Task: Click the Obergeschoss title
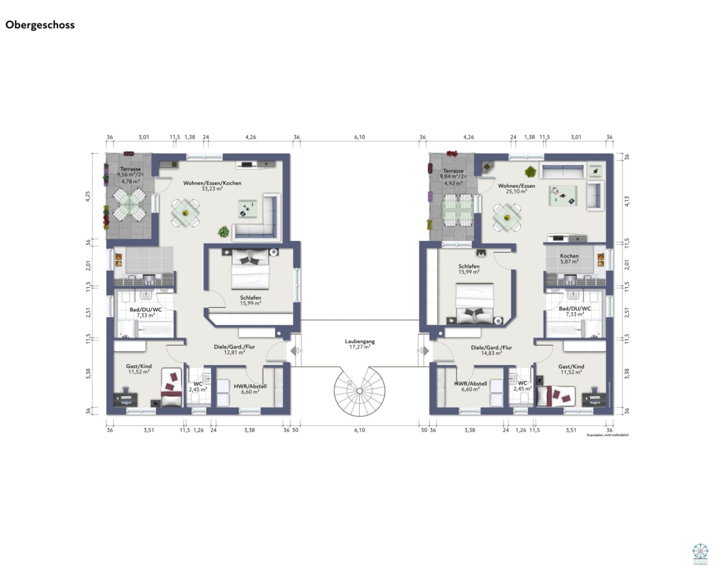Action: point(40,25)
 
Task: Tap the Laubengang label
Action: point(360,341)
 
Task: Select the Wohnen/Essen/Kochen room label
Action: point(212,183)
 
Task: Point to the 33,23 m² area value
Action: point(212,189)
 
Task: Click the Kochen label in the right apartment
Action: point(569,256)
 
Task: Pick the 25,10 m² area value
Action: point(516,192)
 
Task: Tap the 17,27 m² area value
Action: point(360,347)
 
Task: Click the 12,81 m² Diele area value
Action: point(234,353)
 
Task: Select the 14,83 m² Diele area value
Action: point(491,353)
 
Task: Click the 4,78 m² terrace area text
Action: point(130,181)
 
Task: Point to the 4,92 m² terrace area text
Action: point(453,183)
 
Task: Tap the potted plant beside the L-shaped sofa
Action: point(223,231)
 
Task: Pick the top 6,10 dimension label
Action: point(360,137)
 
